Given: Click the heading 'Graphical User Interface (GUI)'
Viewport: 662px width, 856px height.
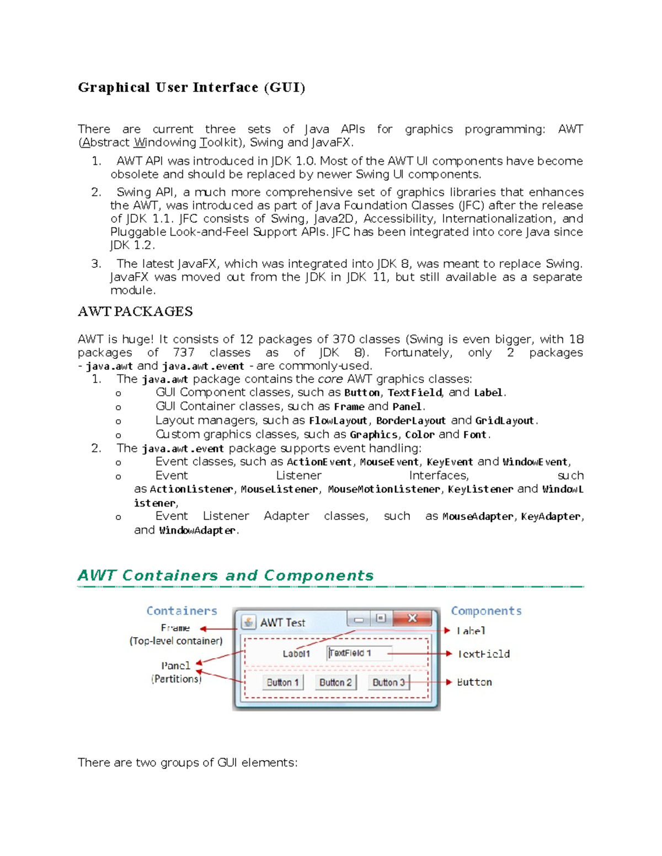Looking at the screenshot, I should click(x=191, y=88).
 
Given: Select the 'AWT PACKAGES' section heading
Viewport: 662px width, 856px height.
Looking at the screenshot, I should click(x=135, y=311).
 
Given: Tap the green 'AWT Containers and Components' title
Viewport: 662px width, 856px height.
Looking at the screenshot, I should click(x=226, y=575).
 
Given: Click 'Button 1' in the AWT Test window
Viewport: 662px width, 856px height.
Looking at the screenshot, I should click(x=282, y=682).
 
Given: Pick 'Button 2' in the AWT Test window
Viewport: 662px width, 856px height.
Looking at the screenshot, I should click(x=335, y=682).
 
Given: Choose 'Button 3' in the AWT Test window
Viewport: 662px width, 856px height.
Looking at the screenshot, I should click(x=388, y=682).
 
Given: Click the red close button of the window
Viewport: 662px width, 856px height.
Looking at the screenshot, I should click(x=412, y=618).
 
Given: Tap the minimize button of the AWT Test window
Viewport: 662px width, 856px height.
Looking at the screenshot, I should click(x=359, y=619).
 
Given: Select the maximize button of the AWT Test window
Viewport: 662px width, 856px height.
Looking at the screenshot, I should click(x=381, y=618).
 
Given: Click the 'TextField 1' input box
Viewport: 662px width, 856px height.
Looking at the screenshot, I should click(x=359, y=653).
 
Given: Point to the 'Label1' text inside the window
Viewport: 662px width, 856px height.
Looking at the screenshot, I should click(x=296, y=654).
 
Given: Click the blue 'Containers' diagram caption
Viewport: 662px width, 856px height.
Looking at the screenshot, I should click(x=182, y=611).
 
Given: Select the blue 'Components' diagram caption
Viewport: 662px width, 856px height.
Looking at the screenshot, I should click(x=486, y=611).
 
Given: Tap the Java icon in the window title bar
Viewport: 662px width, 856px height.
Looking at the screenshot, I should click(x=248, y=622).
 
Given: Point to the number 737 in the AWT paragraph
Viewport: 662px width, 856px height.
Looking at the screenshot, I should click(x=184, y=353).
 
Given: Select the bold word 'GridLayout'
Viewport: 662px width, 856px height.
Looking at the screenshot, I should click(x=505, y=421).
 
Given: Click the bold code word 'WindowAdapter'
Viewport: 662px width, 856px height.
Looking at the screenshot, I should click(x=197, y=530).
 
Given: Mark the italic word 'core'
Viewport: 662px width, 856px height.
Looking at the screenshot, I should click(x=330, y=379).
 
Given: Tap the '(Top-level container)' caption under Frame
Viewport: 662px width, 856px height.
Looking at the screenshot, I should click(x=176, y=641).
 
